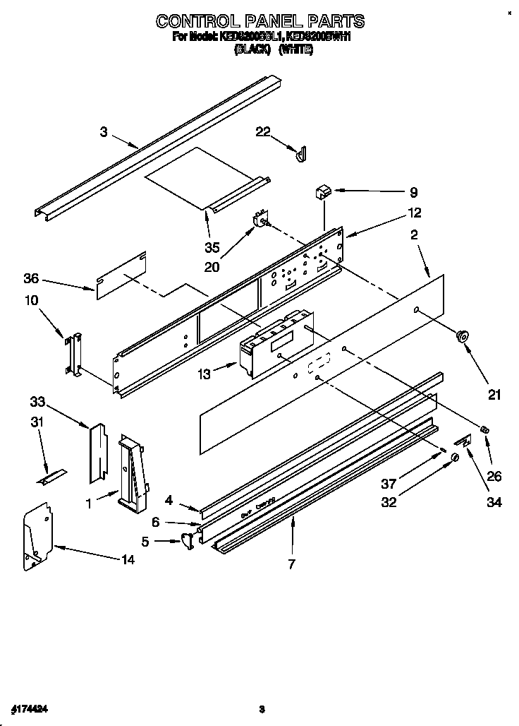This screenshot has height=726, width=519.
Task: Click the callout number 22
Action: click(262, 132)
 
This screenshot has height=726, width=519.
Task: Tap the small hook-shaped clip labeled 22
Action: click(301, 153)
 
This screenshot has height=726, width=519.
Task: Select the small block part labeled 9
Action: click(323, 191)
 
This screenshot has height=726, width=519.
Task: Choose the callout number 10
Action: click(31, 300)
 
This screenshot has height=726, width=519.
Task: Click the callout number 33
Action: click(37, 403)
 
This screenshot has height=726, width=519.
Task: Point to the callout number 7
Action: click(291, 564)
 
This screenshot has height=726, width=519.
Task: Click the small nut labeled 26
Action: click(484, 430)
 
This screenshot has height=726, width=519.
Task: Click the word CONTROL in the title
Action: click(197, 20)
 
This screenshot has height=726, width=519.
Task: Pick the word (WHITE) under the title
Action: click(295, 49)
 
